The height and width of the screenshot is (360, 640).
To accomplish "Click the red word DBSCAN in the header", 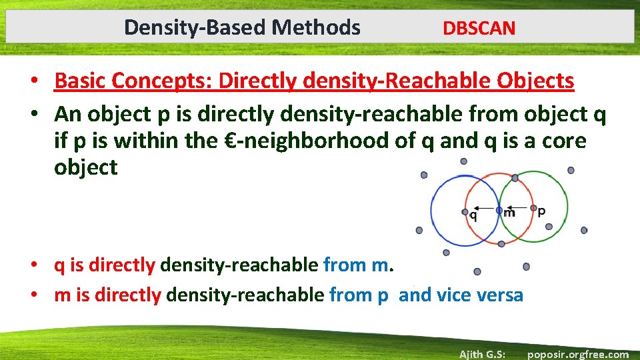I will pos(479,28).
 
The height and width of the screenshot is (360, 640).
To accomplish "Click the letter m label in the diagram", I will pos(509,213).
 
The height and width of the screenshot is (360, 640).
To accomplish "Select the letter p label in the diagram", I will pos(541,211).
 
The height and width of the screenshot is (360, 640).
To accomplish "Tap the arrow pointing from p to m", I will pos(516,207).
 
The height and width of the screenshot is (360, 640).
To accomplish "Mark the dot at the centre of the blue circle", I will pos(465,212).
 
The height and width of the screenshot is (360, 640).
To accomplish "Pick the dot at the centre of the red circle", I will pos(499,210).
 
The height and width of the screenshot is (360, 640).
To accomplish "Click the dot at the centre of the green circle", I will pos(533,208).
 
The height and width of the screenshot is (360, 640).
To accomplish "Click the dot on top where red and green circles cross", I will pos(515,178).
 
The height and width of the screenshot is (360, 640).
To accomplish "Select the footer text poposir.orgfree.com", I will pos(577,354).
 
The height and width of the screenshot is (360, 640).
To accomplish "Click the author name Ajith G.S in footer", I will pos(481,354).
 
